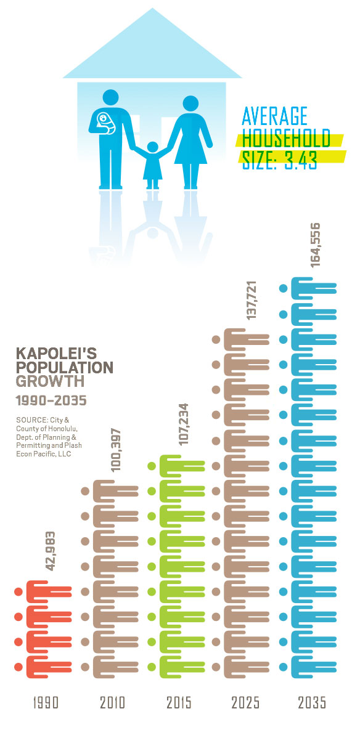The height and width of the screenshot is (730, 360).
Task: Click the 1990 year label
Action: click(x=46, y=703)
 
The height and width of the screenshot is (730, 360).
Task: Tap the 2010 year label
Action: click(x=112, y=703)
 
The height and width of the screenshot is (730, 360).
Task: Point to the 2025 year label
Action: click(x=246, y=703)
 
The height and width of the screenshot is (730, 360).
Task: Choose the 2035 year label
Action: click(x=313, y=703)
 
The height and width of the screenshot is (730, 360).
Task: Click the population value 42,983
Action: click(x=51, y=551)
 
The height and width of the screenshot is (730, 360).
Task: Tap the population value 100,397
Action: click(x=116, y=450)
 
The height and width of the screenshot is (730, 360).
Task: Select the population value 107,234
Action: click(x=184, y=424)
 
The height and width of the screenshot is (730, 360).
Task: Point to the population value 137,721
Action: click(x=252, y=299)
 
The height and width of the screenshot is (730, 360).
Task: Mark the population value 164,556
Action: click(x=315, y=245)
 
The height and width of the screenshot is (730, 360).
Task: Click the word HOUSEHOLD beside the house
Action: click(x=287, y=139)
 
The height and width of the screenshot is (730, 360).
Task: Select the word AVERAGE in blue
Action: click(x=275, y=116)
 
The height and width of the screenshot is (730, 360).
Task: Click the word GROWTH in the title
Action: click(x=51, y=382)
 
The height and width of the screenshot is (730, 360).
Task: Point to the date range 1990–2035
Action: click(x=51, y=401)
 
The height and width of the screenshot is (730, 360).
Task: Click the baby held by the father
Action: click(x=104, y=122)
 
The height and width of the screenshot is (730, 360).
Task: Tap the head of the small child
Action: click(x=152, y=147)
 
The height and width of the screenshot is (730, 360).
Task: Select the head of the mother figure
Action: click(x=190, y=103)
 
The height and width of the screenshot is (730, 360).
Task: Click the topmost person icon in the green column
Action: click(x=176, y=466)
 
